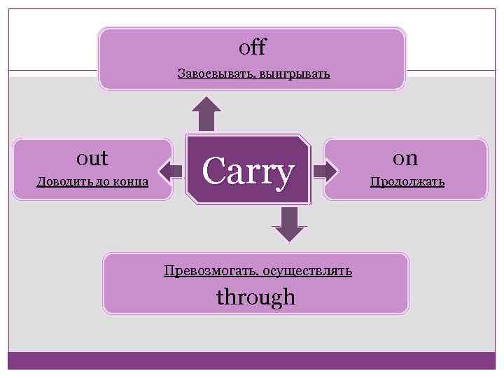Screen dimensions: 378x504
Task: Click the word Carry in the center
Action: pyautogui.click(x=247, y=171)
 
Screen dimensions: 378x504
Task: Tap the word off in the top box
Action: pyautogui.click(x=252, y=48)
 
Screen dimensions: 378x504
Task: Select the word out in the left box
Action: pyautogui.click(x=92, y=157)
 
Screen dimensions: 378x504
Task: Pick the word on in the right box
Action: pyautogui.click(x=406, y=157)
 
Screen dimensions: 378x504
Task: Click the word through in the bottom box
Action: pyautogui.click(x=255, y=297)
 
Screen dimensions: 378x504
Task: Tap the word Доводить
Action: pyautogui.click(x=60, y=183)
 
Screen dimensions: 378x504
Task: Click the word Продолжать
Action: pyautogui.click(x=407, y=183)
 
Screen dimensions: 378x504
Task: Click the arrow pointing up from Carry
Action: pyautogui.click(x=206, y=113)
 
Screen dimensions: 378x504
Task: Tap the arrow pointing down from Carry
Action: pyautogui.click(x=289, y=225)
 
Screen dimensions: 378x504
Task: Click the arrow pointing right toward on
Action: pyautogui.click(x=323, y=170)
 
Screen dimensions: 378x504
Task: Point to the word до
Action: pyautogui.click(x=99, y=183)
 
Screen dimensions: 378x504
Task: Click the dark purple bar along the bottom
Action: pyautogui.click(x=252, y=360)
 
